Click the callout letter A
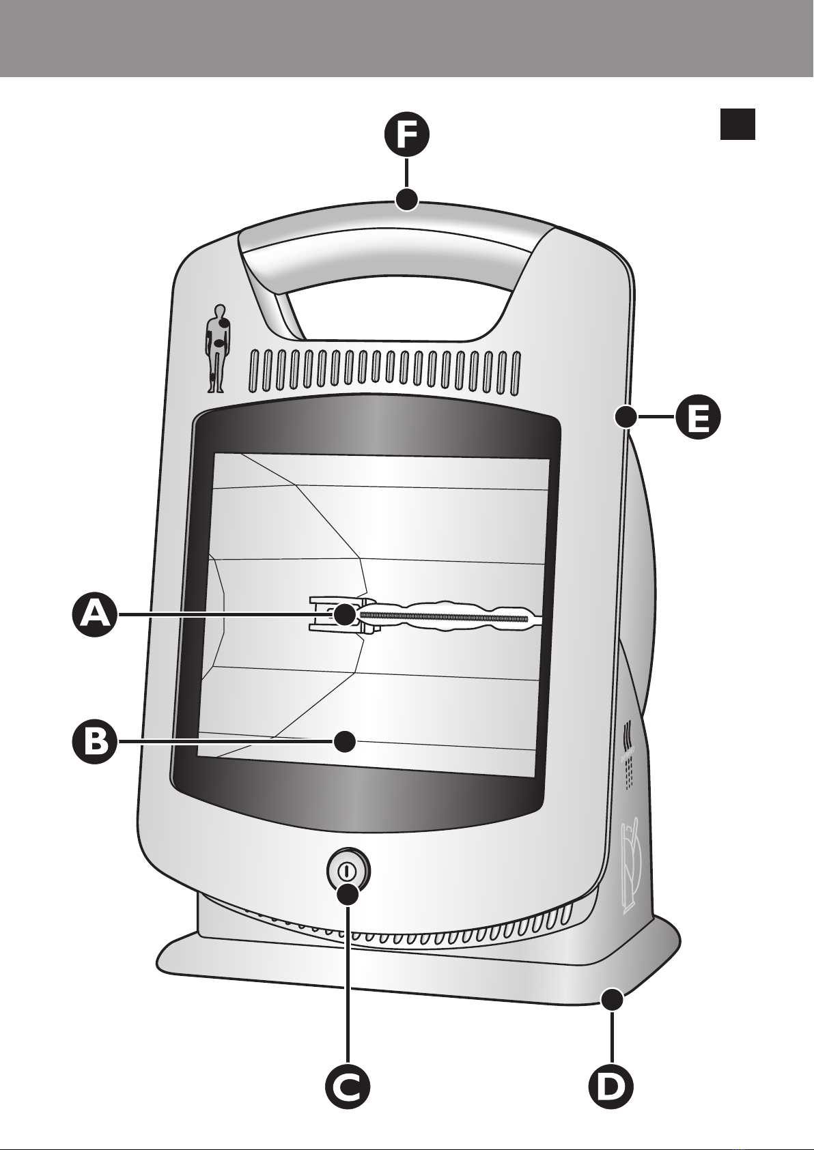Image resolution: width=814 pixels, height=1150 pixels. click(92, 614)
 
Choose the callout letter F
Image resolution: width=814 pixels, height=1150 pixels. click(407, 135)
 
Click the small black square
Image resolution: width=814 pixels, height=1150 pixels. click(738, 124)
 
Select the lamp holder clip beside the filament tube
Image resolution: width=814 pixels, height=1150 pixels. click(339, 614)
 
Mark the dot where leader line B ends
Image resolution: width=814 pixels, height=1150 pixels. click(345, 743)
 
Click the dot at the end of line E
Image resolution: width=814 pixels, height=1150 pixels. click(626, 417)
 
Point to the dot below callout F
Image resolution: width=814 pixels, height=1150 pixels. click(407, 200)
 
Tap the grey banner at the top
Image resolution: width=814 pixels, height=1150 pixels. click(407, 38)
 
